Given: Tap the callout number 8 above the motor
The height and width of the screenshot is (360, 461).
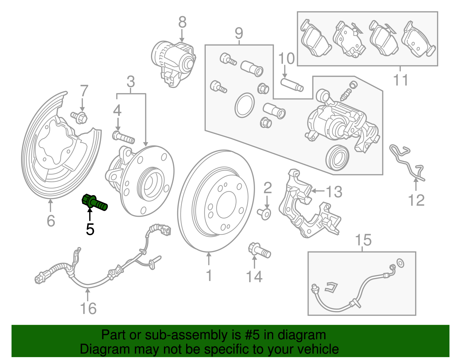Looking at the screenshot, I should click(x=182, y=22).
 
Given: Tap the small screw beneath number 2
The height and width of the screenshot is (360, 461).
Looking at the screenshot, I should click(x=264, y=214).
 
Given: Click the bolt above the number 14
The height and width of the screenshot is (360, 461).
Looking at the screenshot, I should click(x=259, y=251).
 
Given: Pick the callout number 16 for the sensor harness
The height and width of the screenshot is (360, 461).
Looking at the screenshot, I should click(x=88, y=309).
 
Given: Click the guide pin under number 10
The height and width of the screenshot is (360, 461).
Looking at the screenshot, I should click(x=292, y=84).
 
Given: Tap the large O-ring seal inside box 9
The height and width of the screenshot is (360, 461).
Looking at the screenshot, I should click(x=245, y=105).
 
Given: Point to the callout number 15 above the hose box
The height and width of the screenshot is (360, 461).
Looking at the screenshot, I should click(x=363, y=240).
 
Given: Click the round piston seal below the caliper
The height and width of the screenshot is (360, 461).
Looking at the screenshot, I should click(x=337, y=158).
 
